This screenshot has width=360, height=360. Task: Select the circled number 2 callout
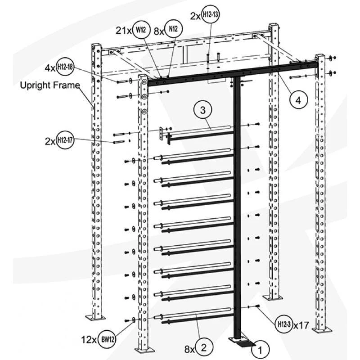coord(203,347)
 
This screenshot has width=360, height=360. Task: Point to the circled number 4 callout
coord(298,100)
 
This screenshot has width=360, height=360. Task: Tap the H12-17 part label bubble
coord(65,140)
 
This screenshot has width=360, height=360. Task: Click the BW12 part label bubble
coord(107,338)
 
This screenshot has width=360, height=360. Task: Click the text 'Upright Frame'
coord(50,85)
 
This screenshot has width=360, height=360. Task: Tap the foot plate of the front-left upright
coord(145,350)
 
